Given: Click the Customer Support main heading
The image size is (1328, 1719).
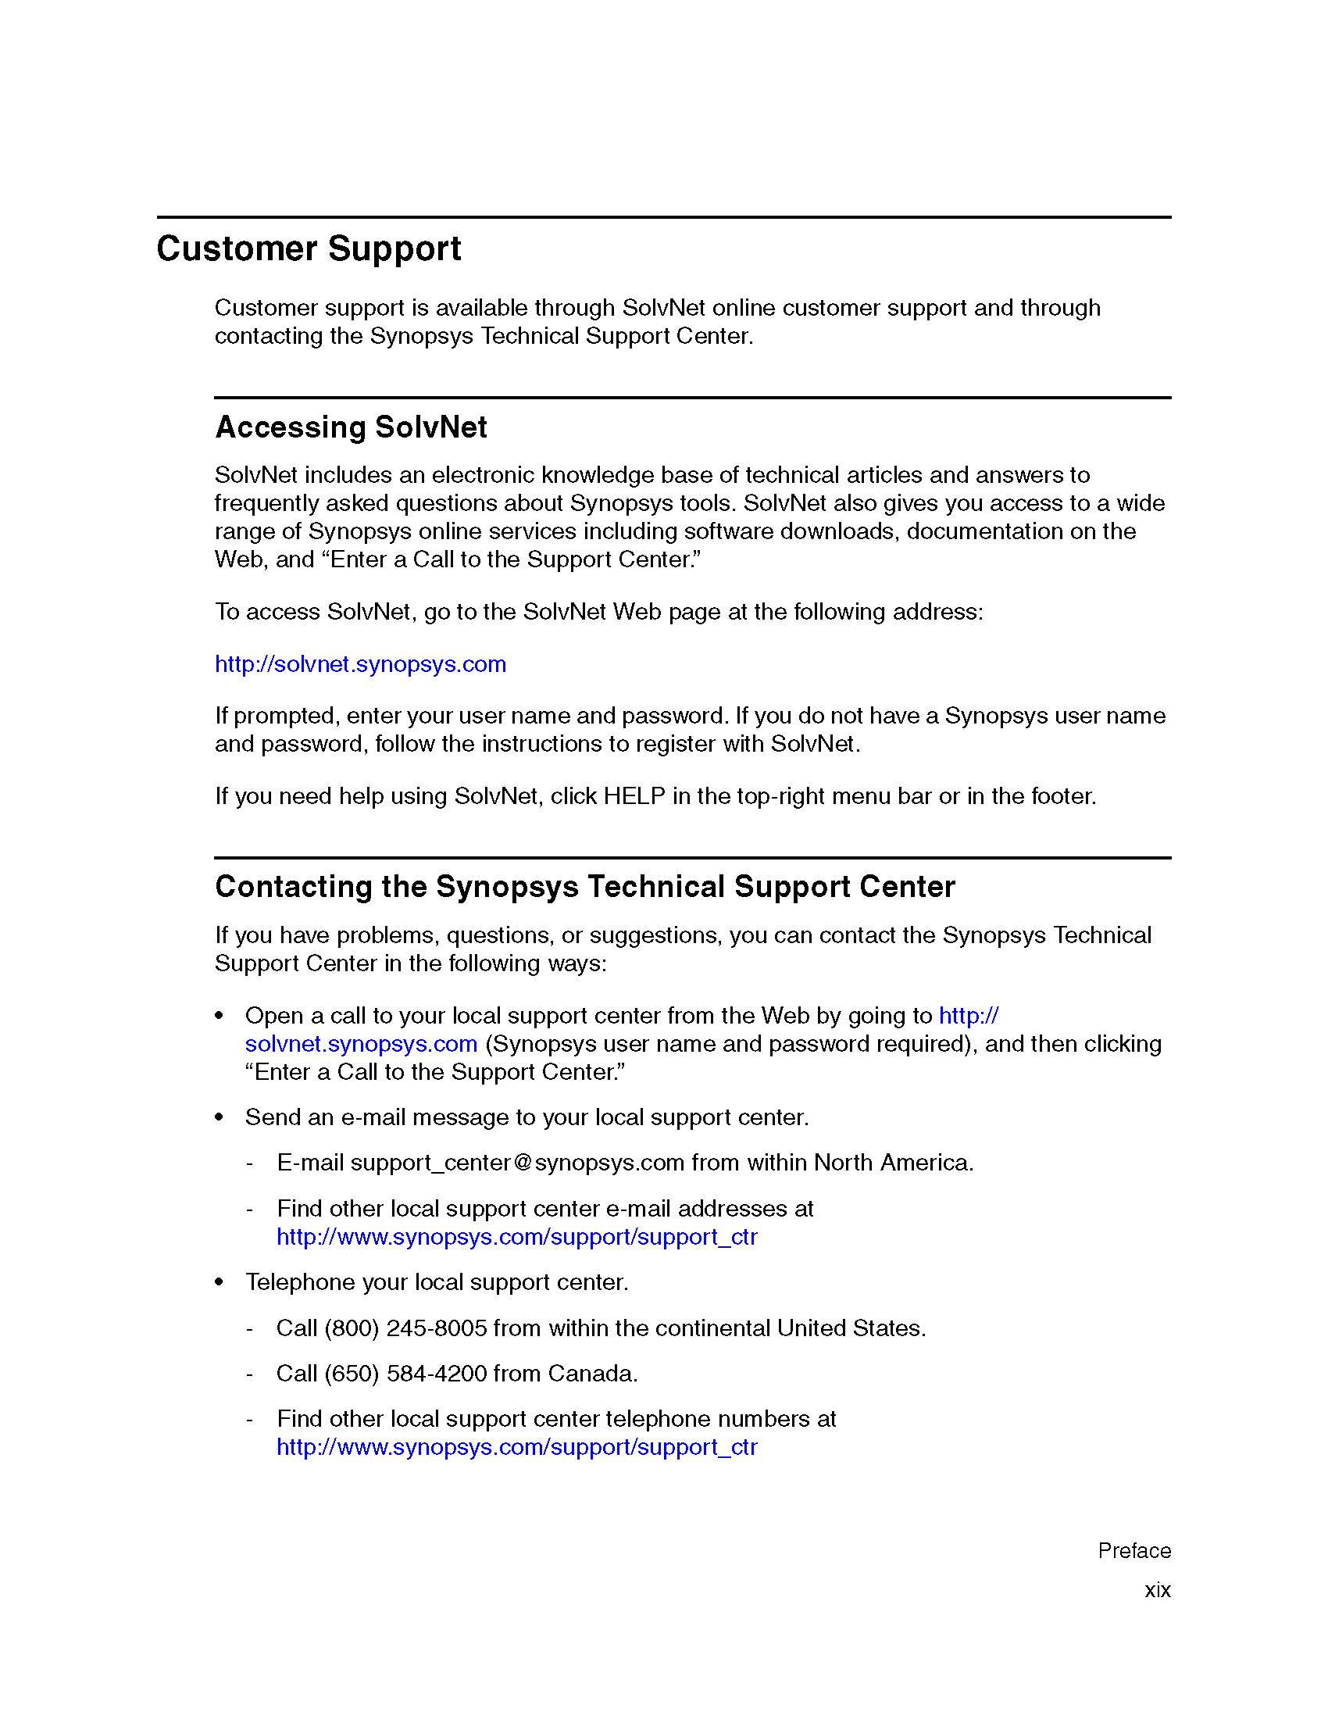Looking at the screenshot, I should [309, 248].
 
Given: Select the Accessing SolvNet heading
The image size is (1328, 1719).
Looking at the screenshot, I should [351, 427].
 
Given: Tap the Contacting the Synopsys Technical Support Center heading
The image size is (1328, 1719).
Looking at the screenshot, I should [584, 887].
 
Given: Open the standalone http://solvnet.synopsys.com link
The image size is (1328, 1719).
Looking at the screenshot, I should [360, 664].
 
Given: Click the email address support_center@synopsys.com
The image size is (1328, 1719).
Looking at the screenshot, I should [517, 1163].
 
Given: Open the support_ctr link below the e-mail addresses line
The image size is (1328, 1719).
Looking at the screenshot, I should [516, 1237].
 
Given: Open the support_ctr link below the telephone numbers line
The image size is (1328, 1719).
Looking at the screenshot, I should [516, 1446].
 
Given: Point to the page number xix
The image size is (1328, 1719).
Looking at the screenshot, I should [1157, 1590].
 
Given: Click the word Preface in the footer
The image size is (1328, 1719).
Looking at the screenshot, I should [1133, 1550].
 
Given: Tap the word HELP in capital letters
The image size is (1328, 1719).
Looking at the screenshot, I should [634, 796].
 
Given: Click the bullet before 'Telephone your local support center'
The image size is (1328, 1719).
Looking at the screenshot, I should [220, 1283].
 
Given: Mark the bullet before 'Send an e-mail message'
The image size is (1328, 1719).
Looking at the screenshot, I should [220, 1117].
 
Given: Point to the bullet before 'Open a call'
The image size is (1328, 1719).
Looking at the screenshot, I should [220, 1016].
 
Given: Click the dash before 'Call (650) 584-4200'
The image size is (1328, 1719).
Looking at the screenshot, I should [249, 1374].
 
